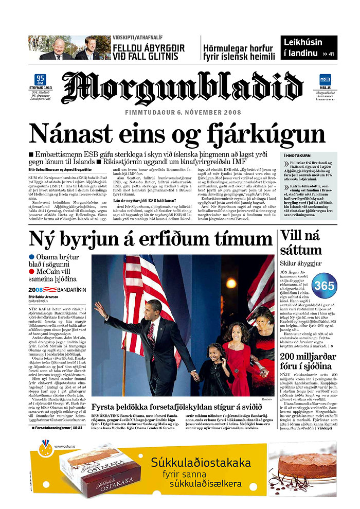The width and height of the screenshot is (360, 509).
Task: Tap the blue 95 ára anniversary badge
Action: (40, 80)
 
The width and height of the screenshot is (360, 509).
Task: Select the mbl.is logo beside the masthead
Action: (325, 80)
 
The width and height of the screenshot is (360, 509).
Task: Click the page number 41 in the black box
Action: (330, 54)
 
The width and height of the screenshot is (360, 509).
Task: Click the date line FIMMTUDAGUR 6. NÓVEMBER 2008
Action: (183, 112)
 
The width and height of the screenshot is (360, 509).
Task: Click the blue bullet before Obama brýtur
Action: (32, 257)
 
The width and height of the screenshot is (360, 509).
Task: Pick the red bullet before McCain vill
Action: (32, 271)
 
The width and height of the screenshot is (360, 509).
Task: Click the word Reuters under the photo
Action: (266, 399)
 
